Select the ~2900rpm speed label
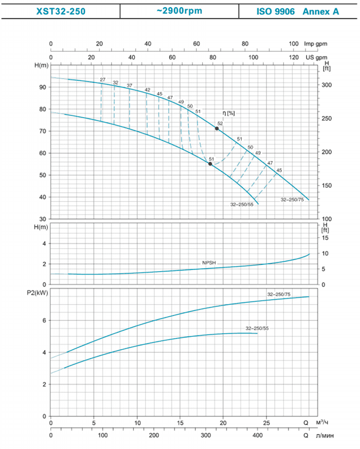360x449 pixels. click(180, 11)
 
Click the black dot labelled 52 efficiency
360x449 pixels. click(217, 129)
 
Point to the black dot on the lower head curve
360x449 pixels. click(210, 164)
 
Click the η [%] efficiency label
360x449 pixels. click(227, 113)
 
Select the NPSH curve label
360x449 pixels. click(209, 263)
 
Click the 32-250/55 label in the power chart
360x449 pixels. click(257, 328)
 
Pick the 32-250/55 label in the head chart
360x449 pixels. click(242, 205)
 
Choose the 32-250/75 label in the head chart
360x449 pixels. click(292, 199)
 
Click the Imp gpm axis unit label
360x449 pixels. click(315, 44)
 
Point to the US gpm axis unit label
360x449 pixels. click(315, 57)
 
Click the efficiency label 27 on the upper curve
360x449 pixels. click(103, 80)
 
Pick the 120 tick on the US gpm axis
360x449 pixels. click(294, 57)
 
